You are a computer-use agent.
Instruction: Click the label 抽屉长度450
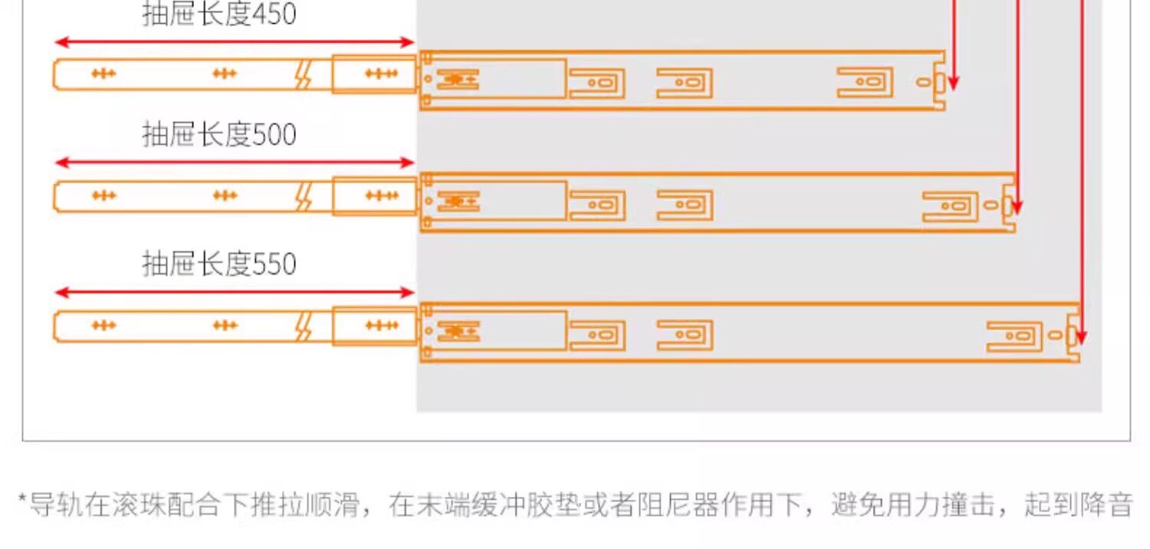219,14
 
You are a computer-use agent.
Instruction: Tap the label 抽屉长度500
219,134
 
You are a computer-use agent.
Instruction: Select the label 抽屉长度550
219,264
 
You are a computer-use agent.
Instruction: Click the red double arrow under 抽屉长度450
235,42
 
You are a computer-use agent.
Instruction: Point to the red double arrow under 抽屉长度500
235,163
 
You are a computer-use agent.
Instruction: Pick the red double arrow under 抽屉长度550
235,292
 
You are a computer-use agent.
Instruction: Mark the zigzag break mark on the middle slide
304,197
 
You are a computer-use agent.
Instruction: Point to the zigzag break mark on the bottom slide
304,327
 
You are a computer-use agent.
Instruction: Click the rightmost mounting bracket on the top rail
865,82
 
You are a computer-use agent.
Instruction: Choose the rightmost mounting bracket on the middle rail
950,206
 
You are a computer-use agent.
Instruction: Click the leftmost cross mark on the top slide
103,74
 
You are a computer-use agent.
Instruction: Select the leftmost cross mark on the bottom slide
103,326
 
